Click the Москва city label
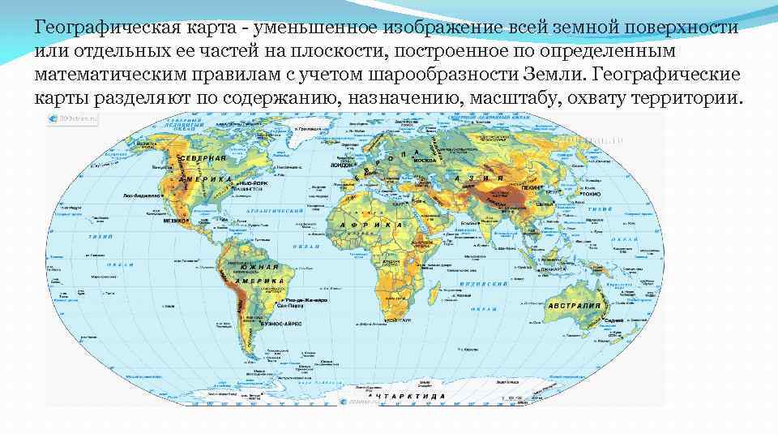(x=425, y=160)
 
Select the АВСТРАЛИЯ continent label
(x=575, y=305)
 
